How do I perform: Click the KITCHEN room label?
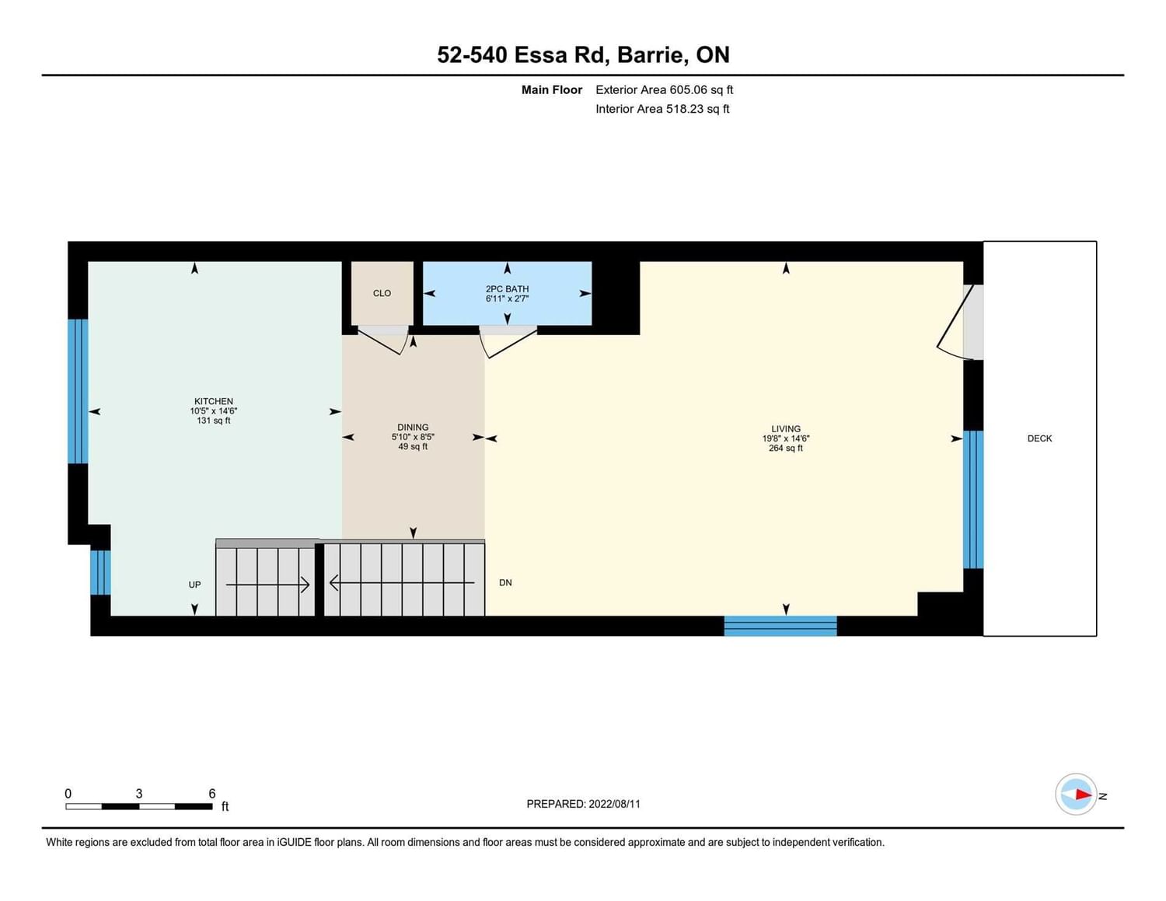tap(214, 401)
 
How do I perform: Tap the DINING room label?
tap(413, 427)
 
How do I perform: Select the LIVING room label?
tap(786, 429)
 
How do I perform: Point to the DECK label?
tap(1039, 438)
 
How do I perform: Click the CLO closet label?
tap(382, 293)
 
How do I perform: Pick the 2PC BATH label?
tap(507, 288)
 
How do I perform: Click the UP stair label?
tap(194, 585)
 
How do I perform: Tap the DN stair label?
tap(505, 582)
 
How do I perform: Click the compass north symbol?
tap(1076, 794)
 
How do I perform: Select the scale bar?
tap(139, 806)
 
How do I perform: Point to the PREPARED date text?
tap(583, 804)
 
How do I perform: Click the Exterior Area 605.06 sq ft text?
tap(665, 89)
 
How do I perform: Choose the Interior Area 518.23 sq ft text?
tap(662, 109)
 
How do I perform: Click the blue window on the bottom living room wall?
tap(780, 626)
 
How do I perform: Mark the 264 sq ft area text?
tap(786, 448)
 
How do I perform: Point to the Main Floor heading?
tap(552, 89)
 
